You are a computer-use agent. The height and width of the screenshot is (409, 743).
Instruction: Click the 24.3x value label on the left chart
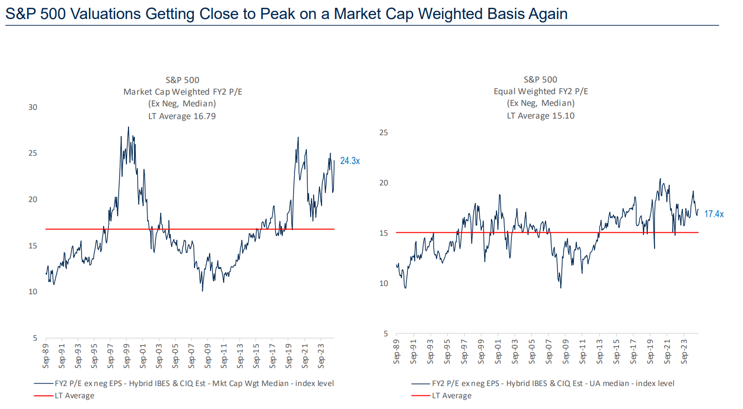pos(350,161)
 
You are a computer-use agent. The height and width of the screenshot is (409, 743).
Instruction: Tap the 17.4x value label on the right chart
pos(714,214)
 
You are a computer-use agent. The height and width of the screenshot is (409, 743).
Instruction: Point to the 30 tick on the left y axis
pos(33,107)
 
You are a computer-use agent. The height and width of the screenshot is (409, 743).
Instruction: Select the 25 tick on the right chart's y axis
pos(383,132)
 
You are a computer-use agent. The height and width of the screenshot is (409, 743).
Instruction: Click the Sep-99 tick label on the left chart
pos(127,356)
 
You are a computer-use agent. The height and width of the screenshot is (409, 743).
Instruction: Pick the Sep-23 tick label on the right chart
pos(684,351)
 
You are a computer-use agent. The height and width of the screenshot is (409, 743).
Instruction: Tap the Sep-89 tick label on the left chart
pos(46,356)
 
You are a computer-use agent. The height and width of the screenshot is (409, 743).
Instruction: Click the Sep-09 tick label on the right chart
pos(566,351)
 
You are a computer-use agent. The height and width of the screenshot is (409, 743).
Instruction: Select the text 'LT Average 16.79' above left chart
pos(182,116)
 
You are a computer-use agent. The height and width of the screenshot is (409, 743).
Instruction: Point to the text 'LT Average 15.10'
pos(540,116)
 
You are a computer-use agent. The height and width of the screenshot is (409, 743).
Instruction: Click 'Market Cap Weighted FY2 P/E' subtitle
pos(183,92)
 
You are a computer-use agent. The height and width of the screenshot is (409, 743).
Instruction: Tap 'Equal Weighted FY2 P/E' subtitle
pos(541,91)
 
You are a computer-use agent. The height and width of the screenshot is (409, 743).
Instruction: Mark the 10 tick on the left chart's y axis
pos(33,292)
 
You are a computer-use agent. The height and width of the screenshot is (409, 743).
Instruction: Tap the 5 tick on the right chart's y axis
pos(385,333)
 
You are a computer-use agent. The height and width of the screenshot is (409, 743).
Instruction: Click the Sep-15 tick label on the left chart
pos(256,356)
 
